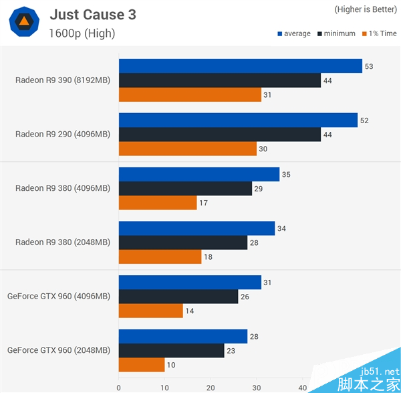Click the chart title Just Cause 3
coord(92,14)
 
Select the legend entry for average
coord(293,33)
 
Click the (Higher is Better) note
coord(364,9)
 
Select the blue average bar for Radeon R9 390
coord(240,66)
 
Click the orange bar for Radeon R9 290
coord(187,149)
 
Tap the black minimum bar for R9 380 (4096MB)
coord(185,189)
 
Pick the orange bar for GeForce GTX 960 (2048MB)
coord(141,365)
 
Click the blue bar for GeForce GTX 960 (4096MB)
coord(189,283)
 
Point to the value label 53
coord(368,66)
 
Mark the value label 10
coord(170,365)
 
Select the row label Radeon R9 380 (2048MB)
coord(63,242)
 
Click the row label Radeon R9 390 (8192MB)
coord(63,80)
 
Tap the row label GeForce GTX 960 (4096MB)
coord(59,296)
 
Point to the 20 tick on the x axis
coord(211,386)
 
